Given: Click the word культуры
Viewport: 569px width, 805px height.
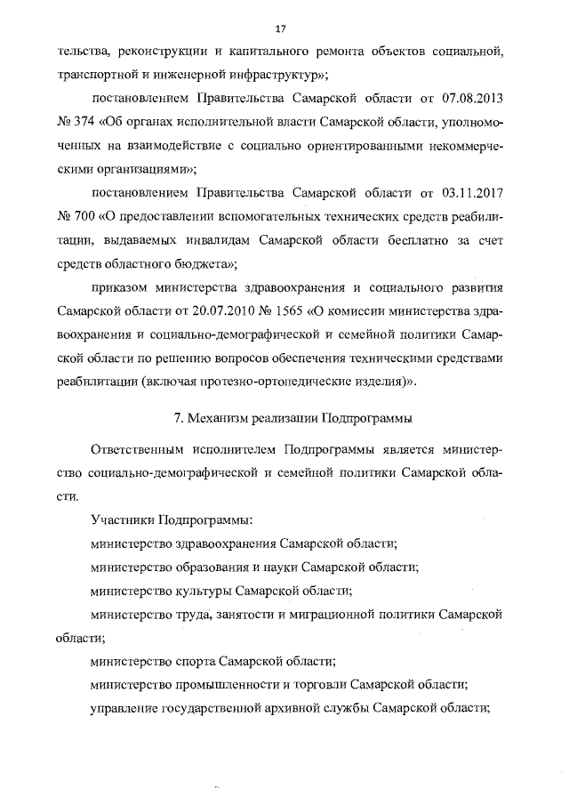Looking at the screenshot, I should (x=204, y=591).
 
